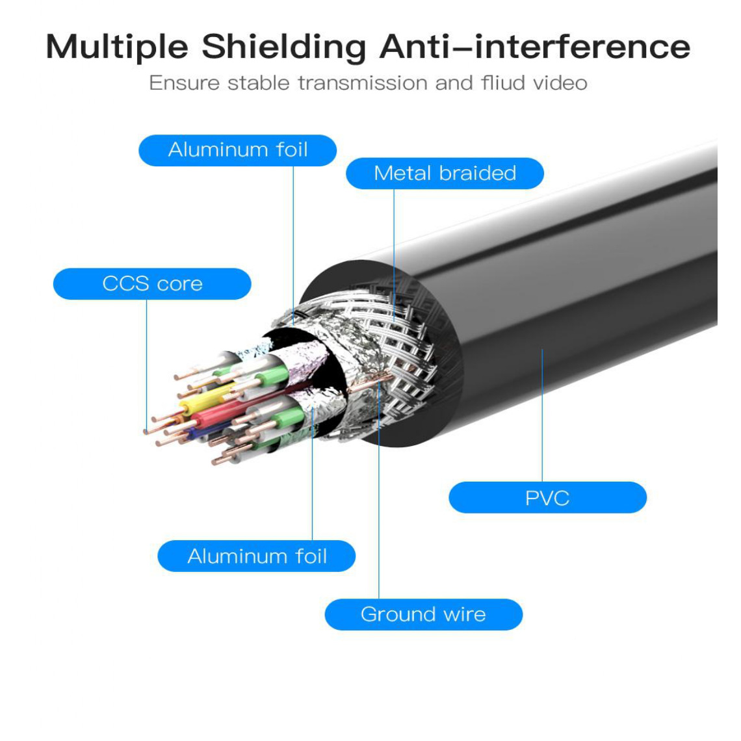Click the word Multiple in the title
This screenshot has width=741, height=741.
tap(117, 47)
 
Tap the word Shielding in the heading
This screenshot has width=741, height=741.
tap(283, 47)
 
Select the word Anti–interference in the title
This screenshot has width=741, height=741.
tap(535, 46)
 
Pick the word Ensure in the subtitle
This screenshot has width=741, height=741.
tap(185, 83)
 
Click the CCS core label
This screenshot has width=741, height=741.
tap(152, 283)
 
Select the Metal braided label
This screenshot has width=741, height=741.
tap(445, 173)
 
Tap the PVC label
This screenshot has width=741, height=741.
tap(547, 498)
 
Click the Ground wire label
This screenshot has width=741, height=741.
tap(423, 614)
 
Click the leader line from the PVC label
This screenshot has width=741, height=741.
tap(542, 415)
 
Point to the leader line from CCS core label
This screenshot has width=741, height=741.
tap(146, 365)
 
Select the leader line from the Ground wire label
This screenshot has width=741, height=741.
tap(378, 489)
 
